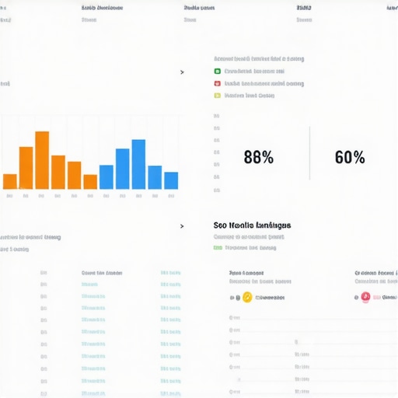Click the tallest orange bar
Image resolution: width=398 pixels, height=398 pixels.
tap(42, 160)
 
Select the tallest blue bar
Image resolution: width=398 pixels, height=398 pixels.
tap(138, 164)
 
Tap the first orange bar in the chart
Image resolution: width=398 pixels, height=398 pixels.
tap(10, 181)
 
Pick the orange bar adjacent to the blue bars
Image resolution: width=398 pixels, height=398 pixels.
tap(90, 181)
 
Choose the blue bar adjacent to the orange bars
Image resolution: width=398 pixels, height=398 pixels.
tap(106, 176)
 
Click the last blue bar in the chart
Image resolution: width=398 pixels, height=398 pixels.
tap(171, 180)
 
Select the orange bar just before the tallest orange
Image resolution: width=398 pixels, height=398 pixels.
tap(26, 167)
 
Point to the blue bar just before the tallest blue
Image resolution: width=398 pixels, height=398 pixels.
tap(123, 169)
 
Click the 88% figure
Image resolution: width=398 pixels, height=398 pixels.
tap(258, 157)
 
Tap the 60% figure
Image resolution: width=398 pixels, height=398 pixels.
tap(349, 157)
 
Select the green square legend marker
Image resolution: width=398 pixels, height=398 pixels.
tap(217, 71)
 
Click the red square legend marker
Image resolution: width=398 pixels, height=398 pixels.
tap(217, 83)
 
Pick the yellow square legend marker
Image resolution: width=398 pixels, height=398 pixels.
tap(217, 96)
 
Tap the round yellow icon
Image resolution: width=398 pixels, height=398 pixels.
tap(247, 297)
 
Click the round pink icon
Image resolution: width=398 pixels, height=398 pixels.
tap(365, 297)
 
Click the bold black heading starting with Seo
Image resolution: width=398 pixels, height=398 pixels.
tap(252, 225)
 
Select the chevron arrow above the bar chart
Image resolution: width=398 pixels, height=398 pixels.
tap(182, 72)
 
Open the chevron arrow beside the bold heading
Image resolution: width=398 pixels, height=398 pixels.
tap(182, 226)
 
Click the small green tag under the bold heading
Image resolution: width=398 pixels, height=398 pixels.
tap(217, 248)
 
